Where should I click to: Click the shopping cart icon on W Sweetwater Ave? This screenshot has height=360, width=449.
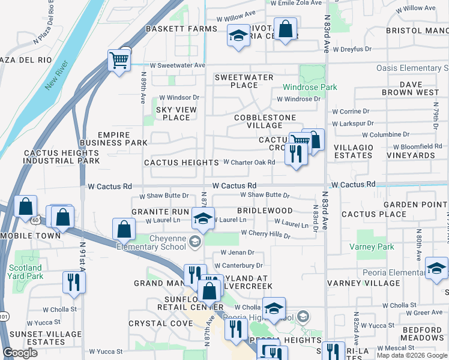pyautogui.click(x=119, y=60)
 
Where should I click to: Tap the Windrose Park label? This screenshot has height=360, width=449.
pyautogui.click(x=310, y=87)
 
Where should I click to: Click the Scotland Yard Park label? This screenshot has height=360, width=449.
pyautogui.click(x=25, y=272)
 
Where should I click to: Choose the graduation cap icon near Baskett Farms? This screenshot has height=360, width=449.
pyautogui.click(x=238, y=35)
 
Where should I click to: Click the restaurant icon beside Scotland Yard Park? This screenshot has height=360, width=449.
pyautogui.click(x=74, y=281)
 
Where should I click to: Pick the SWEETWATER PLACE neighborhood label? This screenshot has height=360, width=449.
pyautogui.click(x=244, y=81)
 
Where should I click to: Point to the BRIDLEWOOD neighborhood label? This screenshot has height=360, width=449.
pyautogui.click(x=265, y=211)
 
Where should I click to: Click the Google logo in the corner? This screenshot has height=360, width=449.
pyautogui.click(x=20, y=353)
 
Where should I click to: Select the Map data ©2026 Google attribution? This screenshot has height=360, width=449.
pyautogui.click(x=411, y=355)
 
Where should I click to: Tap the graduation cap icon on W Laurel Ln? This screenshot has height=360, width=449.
pyautogui.click(x=203, y=218)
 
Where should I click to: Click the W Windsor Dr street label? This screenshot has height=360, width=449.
pyautogui.click(x=178, y=97)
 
